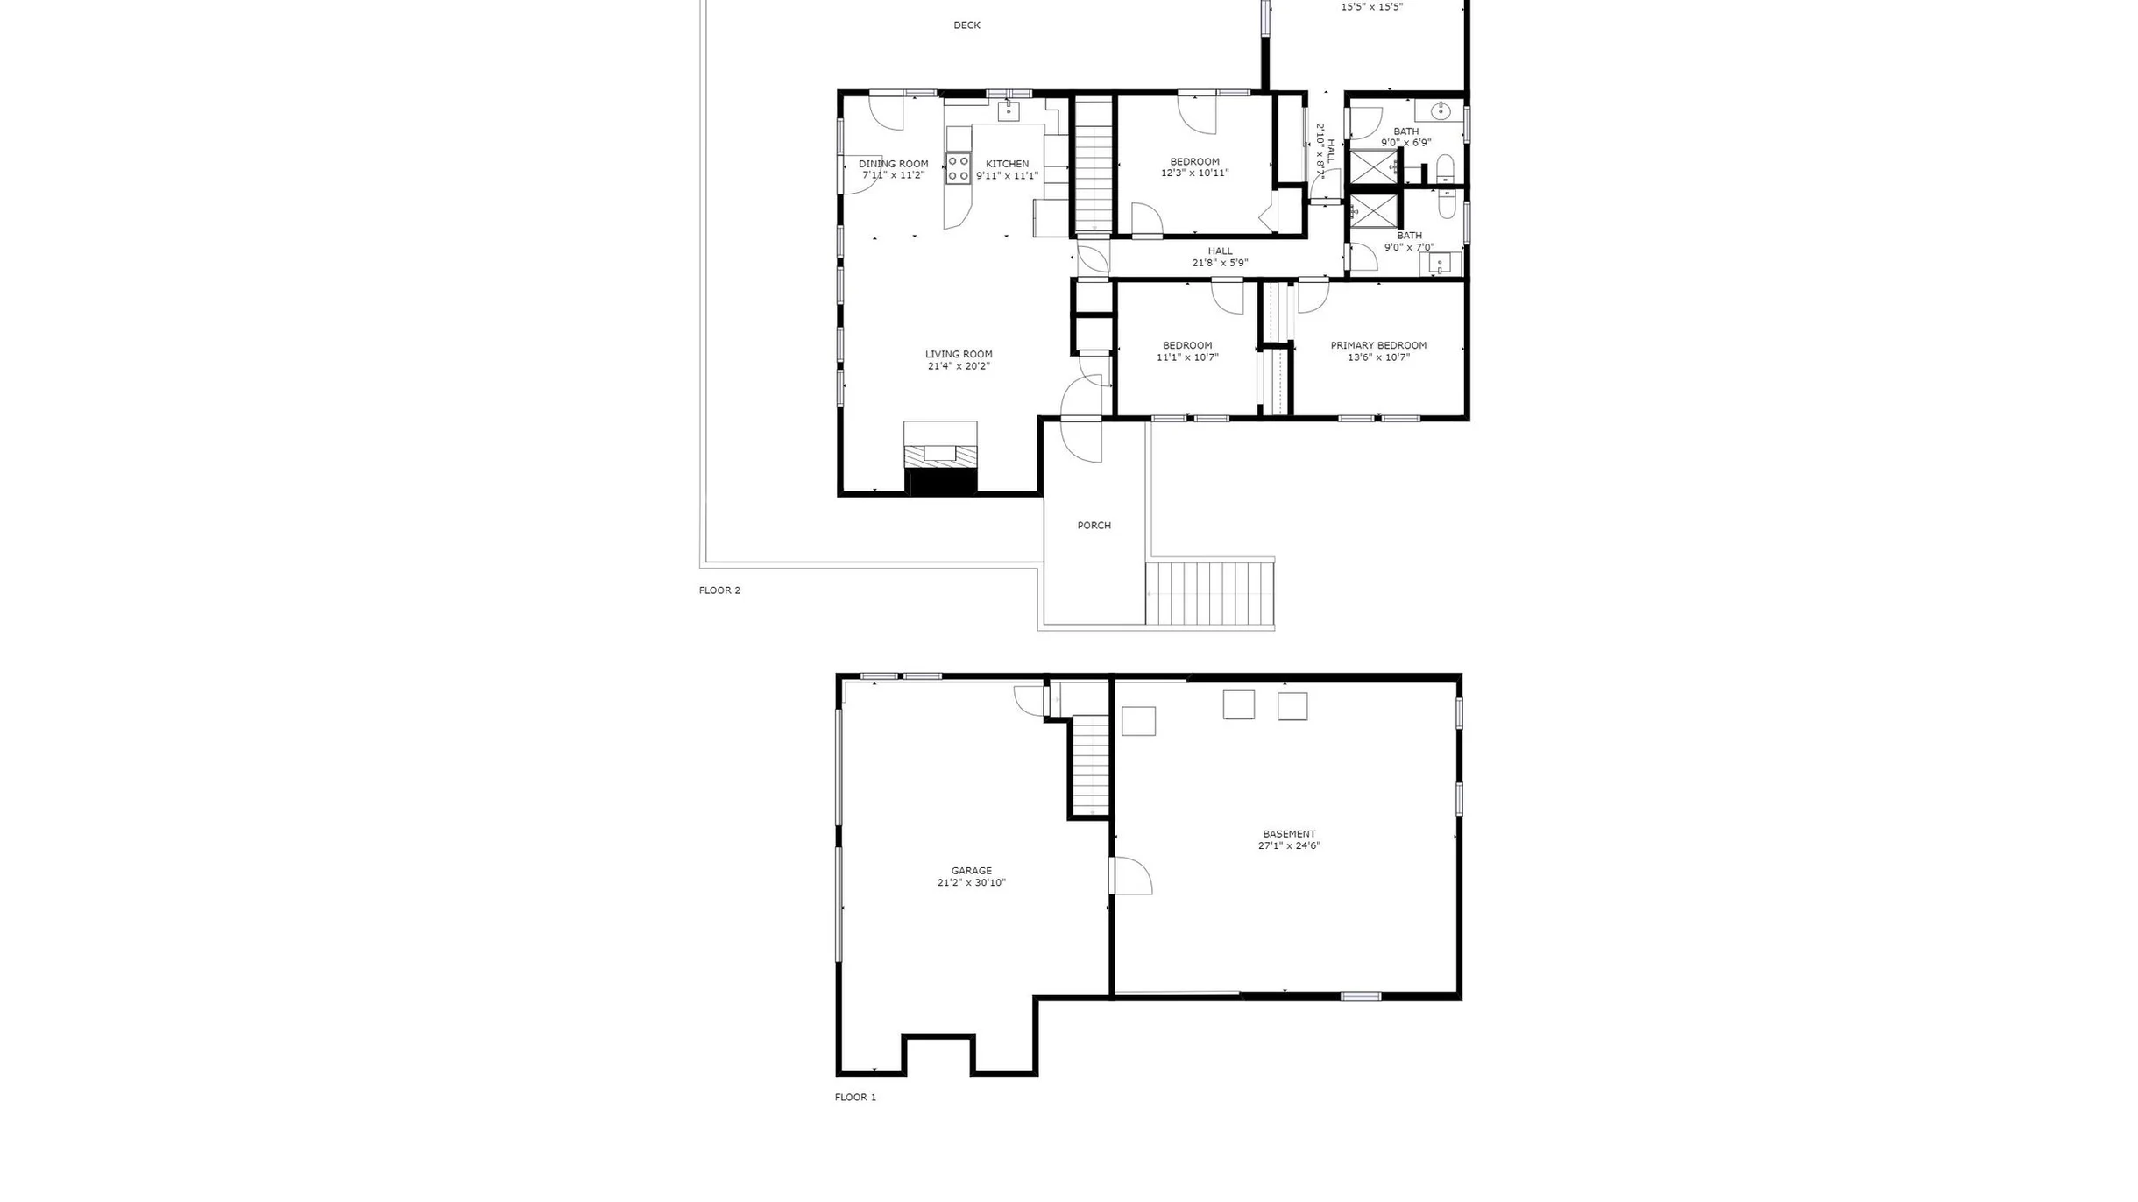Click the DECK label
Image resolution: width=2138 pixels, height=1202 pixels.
966,25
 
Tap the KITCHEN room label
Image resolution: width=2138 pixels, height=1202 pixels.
1007,164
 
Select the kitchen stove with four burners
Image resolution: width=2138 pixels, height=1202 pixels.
958,168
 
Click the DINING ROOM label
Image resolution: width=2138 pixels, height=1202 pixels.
893,164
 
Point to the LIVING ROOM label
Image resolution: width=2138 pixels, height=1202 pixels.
959,355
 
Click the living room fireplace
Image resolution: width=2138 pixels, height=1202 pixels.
940,458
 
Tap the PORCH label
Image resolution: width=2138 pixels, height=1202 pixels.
1094,526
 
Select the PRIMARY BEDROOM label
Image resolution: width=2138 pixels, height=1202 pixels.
1378,345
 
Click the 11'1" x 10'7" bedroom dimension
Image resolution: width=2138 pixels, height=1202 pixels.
1187,357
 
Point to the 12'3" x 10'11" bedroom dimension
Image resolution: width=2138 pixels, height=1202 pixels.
1194,173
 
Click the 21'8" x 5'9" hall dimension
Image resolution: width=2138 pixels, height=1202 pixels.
1220,263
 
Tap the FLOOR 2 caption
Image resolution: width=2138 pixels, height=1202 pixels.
719,590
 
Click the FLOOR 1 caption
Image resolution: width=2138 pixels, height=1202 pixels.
855,1098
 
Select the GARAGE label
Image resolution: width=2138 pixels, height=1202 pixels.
971,871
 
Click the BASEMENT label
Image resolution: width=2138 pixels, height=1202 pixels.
1289,834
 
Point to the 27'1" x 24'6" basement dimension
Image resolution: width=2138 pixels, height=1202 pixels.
1289,846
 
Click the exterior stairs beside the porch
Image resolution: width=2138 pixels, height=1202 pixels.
1210,593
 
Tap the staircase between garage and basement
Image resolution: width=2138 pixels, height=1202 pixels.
1091,765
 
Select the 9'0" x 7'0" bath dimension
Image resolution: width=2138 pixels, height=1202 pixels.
1409,248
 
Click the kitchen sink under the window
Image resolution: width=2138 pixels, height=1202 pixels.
1009,111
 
